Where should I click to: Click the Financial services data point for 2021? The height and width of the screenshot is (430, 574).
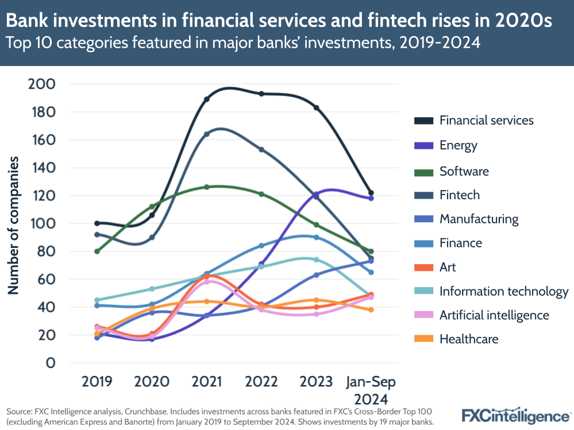[206, 99]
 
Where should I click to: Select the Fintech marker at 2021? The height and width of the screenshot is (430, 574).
[206, 134]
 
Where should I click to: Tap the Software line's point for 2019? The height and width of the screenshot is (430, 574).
[97, 251]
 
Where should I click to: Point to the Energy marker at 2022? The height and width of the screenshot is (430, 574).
[261, 264]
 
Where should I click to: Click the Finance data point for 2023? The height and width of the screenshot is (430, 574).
[316, 237]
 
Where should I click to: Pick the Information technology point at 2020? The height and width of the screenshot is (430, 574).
[152, 289]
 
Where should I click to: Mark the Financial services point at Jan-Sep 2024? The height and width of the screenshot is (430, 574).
[371, 193]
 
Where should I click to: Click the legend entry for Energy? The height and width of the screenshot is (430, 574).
[458, 145]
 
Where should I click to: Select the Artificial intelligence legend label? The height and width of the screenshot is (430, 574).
[494, 315]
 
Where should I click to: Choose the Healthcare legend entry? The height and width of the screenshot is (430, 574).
[468, 339]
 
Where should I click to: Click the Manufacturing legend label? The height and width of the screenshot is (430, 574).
[479, 219]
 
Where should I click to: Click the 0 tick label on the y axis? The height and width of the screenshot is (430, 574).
[50, 363]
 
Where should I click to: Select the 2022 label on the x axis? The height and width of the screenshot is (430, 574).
[261, 382]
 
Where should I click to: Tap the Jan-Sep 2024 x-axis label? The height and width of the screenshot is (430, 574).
[371, 390]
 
